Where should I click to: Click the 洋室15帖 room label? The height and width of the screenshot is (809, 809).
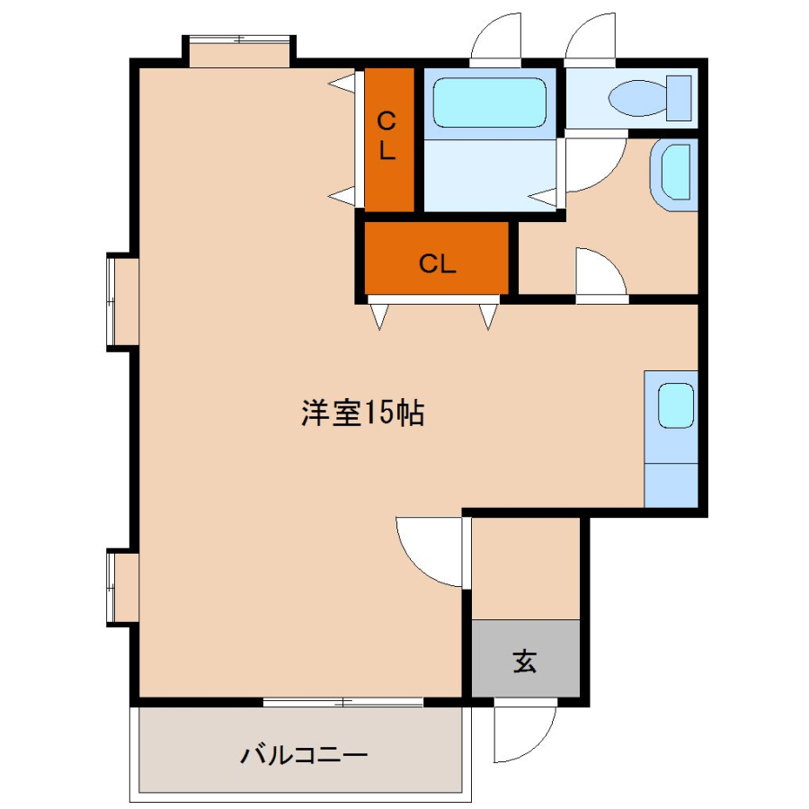click(x=363, y=413)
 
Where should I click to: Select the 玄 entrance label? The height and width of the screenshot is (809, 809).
click(x=525, y=661)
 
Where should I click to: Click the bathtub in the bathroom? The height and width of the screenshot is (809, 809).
click(x=489, y=102)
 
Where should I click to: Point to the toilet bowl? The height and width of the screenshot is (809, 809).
click(x=637, y=97)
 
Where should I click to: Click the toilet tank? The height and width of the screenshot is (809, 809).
click(x=679, y=98)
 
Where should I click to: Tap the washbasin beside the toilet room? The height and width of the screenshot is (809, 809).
click(x=674, y=174)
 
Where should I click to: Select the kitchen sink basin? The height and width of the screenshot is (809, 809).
click(x=676, y=405)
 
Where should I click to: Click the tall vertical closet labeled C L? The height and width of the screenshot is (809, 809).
click(x=389, y=139)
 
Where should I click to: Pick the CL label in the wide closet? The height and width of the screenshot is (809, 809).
click(x=438, y=264)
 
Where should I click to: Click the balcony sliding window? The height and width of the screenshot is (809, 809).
click(x=343, y=702)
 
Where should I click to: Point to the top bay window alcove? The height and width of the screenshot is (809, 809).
click(x=239, y=51)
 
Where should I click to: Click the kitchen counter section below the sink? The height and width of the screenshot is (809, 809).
click(x=671, y=485)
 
